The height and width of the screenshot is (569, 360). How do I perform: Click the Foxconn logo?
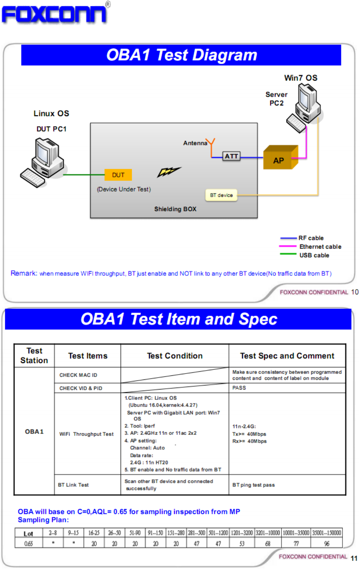[x=55, y=14]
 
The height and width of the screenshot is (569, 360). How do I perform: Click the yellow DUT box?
[x=118, y=175]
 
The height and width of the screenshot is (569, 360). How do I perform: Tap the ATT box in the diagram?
[x=231, y=156]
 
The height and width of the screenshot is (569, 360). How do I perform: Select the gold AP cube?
[x=280, y=158]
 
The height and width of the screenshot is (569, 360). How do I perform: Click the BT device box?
[x=221, y=195]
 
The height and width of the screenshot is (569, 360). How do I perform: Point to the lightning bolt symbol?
[x=169, y=171]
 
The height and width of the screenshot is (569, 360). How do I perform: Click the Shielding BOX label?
[x=175, y=209]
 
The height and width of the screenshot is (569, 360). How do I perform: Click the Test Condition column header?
[x=174, y=356]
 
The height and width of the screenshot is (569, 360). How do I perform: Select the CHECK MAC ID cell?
[x=78, y=375]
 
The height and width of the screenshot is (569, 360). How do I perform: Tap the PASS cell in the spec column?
[x=239, y=388]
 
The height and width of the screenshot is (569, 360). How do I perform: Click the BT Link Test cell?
[x=73, y=485]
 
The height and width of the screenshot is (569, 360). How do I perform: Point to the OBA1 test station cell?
[x=34, y=431]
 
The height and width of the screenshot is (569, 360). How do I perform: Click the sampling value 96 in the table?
[x=327, y=543]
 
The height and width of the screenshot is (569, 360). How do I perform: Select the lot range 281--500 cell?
[x=197, y=533]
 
